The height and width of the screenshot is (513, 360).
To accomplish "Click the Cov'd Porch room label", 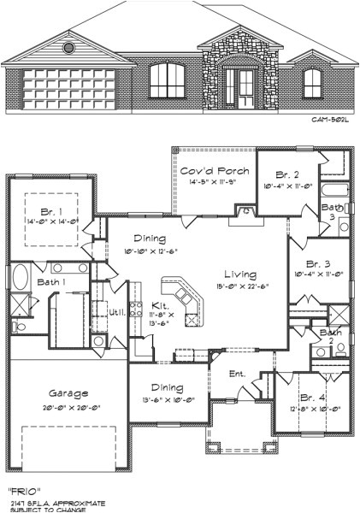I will [214, 171].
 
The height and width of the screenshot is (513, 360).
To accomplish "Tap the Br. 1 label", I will [47, 210].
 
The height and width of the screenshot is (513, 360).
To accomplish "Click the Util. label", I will [117, 312].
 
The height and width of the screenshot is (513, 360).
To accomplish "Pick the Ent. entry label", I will [238, 374].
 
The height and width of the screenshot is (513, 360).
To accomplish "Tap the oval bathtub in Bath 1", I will [21, 281].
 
